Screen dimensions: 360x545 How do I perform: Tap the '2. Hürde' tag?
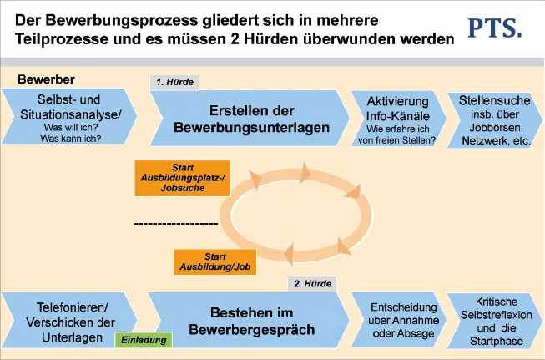coord(313,283)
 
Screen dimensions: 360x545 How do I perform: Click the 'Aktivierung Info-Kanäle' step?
coord(400,119)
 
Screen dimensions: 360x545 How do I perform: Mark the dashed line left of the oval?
coord(175,224)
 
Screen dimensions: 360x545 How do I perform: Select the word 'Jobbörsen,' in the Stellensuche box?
coord(496,128)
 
